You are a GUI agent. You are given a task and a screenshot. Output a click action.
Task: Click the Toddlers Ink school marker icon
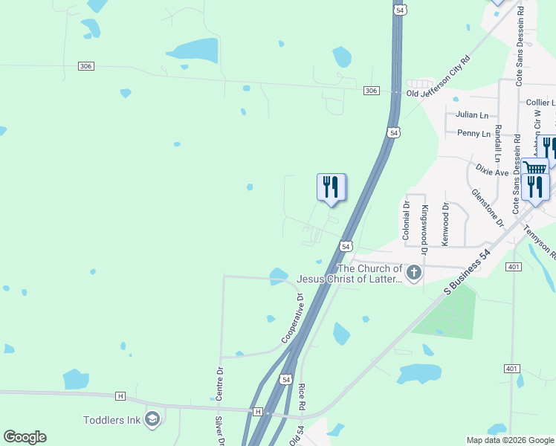pos(152,420)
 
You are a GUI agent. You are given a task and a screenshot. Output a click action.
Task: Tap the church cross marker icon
pos(413,274)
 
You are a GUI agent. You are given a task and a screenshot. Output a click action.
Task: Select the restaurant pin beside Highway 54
pos(331,188)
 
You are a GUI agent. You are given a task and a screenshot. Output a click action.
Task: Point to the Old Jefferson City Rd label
pos(439,77)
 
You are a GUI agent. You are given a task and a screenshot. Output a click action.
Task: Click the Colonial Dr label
pos(407,219)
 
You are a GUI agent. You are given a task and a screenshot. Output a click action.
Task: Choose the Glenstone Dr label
pos(487,207)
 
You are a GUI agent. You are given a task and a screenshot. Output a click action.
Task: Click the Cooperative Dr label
pos(293,318)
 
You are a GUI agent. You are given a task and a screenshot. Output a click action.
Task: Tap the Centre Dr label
pos(220,384)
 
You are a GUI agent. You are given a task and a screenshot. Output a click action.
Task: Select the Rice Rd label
pos(302,397)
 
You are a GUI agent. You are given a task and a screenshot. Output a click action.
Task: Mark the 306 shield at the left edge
pos(85,66)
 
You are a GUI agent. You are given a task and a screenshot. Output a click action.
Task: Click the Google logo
pos(25,437)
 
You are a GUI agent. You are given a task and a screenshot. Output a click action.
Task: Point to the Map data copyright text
pos(509,440)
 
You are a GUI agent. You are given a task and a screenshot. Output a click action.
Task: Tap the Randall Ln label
pos(497,138)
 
